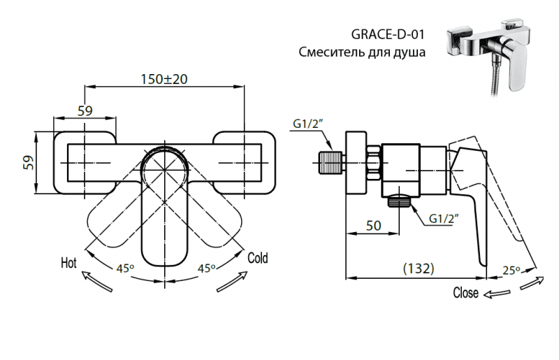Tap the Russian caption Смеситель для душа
click(x=362, y=52)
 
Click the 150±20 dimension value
click(x=163, y=79)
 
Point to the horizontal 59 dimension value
click(x=85, y=110)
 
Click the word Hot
click(x=68, y=264)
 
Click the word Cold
click(x=258, y=258)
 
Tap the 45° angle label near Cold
click(x=206, y=268)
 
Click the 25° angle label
click(x=511, y=271)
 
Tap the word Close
click(x=466, y=292)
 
